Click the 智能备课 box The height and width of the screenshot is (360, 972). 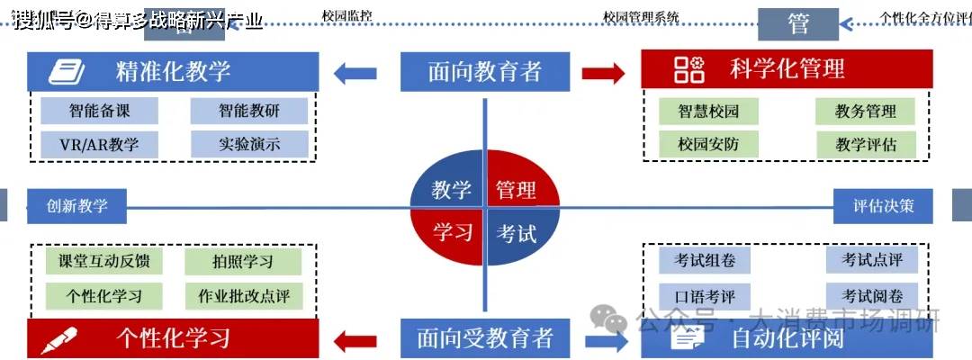(99, 112)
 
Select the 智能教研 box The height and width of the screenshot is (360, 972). (249, 112)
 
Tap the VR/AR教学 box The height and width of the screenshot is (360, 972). (99, 143)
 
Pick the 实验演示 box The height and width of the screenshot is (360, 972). (249, 143)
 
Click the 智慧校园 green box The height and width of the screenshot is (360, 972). (706, 112)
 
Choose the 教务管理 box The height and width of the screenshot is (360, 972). (866, 112)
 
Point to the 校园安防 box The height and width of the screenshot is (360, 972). (706, 143)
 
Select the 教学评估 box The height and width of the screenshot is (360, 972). (866, 143)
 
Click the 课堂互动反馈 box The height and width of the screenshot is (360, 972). (103, 262)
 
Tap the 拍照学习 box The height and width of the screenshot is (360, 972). (243, 262)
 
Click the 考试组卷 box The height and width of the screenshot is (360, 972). (705, 261)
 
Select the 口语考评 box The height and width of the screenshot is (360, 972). (705, 295)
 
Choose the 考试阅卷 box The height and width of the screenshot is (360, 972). (872, 295)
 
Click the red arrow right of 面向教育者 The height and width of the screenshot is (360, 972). (603, 73)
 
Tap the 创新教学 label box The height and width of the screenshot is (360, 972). (76, 205)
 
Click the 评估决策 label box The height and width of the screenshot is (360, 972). (883, 205)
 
